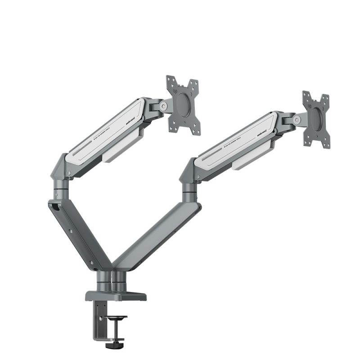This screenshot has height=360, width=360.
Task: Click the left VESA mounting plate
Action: click(x=182, y=104)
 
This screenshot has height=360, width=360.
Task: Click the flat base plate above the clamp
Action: click(x=116, y=296)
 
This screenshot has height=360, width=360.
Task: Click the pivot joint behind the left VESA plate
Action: click(x=162, y=106)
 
